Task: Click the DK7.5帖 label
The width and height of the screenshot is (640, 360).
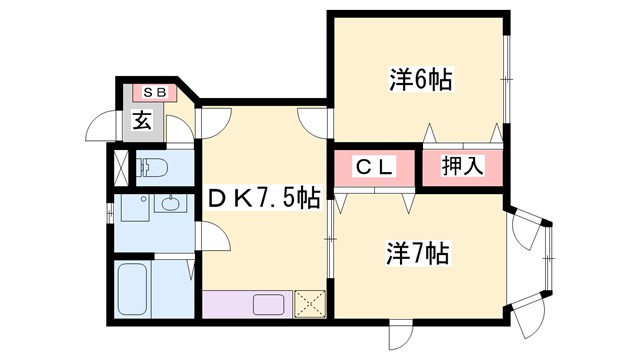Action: [264, 199]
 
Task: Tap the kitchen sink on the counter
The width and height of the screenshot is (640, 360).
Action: [268, 303]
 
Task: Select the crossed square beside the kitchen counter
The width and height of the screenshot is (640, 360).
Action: [308, 303]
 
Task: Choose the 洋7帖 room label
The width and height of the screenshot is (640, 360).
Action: [418, 253]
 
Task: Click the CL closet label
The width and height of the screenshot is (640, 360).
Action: [373, 167]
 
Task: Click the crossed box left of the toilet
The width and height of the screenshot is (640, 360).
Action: [119, 167]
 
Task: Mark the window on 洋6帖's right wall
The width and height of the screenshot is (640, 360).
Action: [508, 75]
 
